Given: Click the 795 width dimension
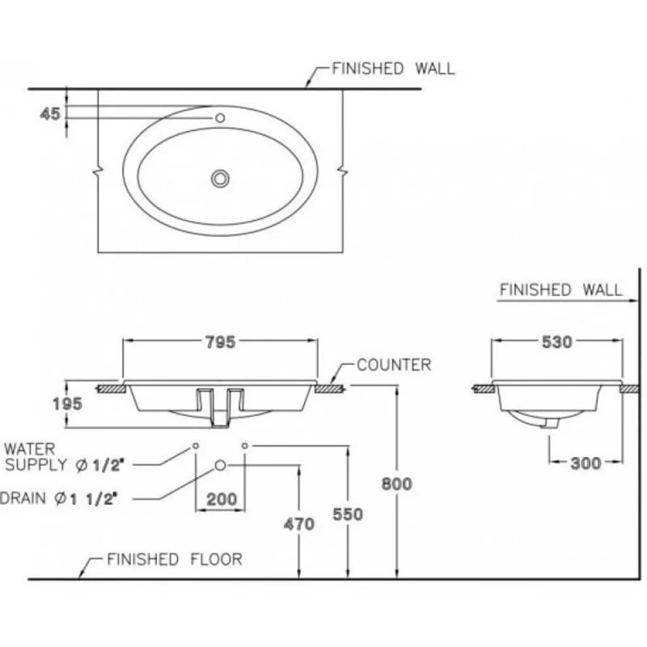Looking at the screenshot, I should click(x=219, y=342).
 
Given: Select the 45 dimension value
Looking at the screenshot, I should click(x=50, y=114).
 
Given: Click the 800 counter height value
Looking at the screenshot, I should click(x=397, y=484).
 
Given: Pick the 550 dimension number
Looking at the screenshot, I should click(x=347, y=514).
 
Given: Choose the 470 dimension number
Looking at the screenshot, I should click(x=299, y=524).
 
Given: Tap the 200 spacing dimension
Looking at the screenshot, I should click(x=221, y=500).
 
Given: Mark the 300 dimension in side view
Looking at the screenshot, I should click(x=586, y=463).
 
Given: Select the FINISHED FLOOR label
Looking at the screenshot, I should click(x=174, y=559).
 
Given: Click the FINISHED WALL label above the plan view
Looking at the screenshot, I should click(x=393, y=68).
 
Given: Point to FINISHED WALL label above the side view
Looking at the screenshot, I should click(x=560, y=290).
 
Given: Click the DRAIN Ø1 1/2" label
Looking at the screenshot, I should click(x=59, y=499).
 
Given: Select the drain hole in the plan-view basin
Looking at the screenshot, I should click(x=220, y=178).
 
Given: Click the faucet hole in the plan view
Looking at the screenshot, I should click(x=219, y=118).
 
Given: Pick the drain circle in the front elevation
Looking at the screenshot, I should click(x=220, y=465).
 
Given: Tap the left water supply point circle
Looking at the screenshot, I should click(x=196, y=446).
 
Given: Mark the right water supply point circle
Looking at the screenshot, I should click(x=244, y=446).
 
